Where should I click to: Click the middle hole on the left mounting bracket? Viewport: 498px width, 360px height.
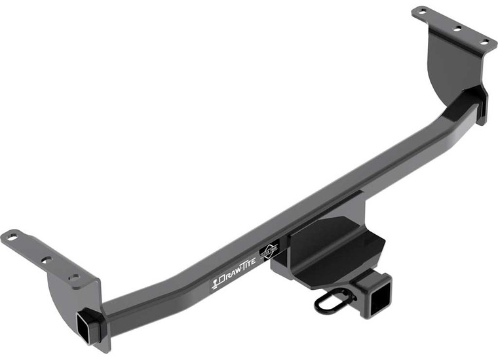click(x=46, y=260)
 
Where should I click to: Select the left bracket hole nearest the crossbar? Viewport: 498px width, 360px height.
click(x=75, y=277)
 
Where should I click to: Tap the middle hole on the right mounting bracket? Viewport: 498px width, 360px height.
click(x=457, y=28)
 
